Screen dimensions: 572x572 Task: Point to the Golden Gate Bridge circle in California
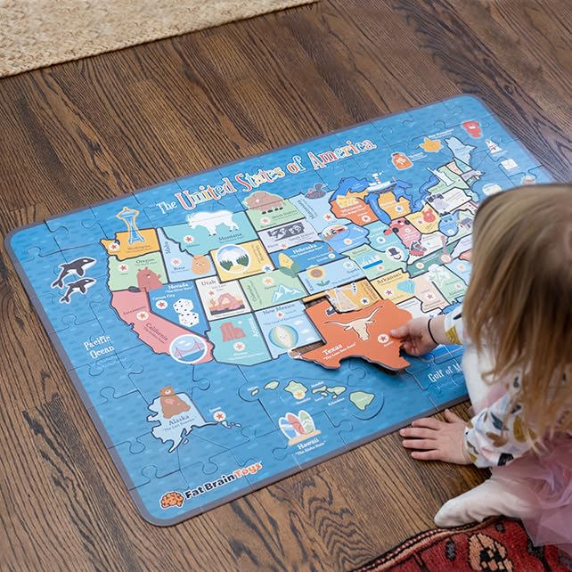188,348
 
